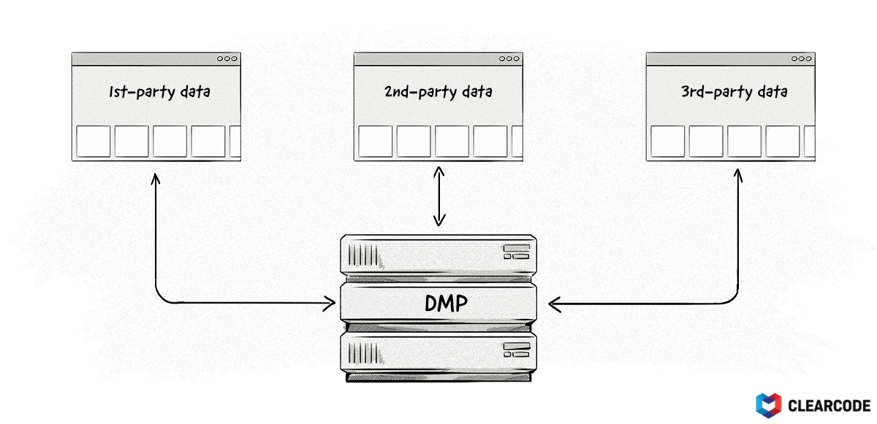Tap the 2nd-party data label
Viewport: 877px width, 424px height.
(x=438, y=92)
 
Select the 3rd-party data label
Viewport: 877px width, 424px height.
(x=733, y=92)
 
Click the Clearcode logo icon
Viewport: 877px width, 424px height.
(x=768, y=405)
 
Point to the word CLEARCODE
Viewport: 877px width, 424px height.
(x=829, y=405)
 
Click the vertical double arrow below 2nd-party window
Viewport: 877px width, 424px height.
(x=438, y=196)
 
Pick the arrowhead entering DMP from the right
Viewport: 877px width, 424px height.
(x=553, y=301)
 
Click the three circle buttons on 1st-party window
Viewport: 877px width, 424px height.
(x=227, y=59)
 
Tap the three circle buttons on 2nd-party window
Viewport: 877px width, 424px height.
(x=509, y=59)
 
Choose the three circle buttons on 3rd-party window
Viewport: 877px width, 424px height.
(x=802, y=59)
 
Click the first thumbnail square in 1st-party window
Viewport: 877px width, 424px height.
(x=93, y=142)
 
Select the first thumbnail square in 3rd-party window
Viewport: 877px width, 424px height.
(x=667, y=142)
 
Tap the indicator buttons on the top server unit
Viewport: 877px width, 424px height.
(x=516, y=253)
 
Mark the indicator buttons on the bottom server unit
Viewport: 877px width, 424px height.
(x=516, y=350)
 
